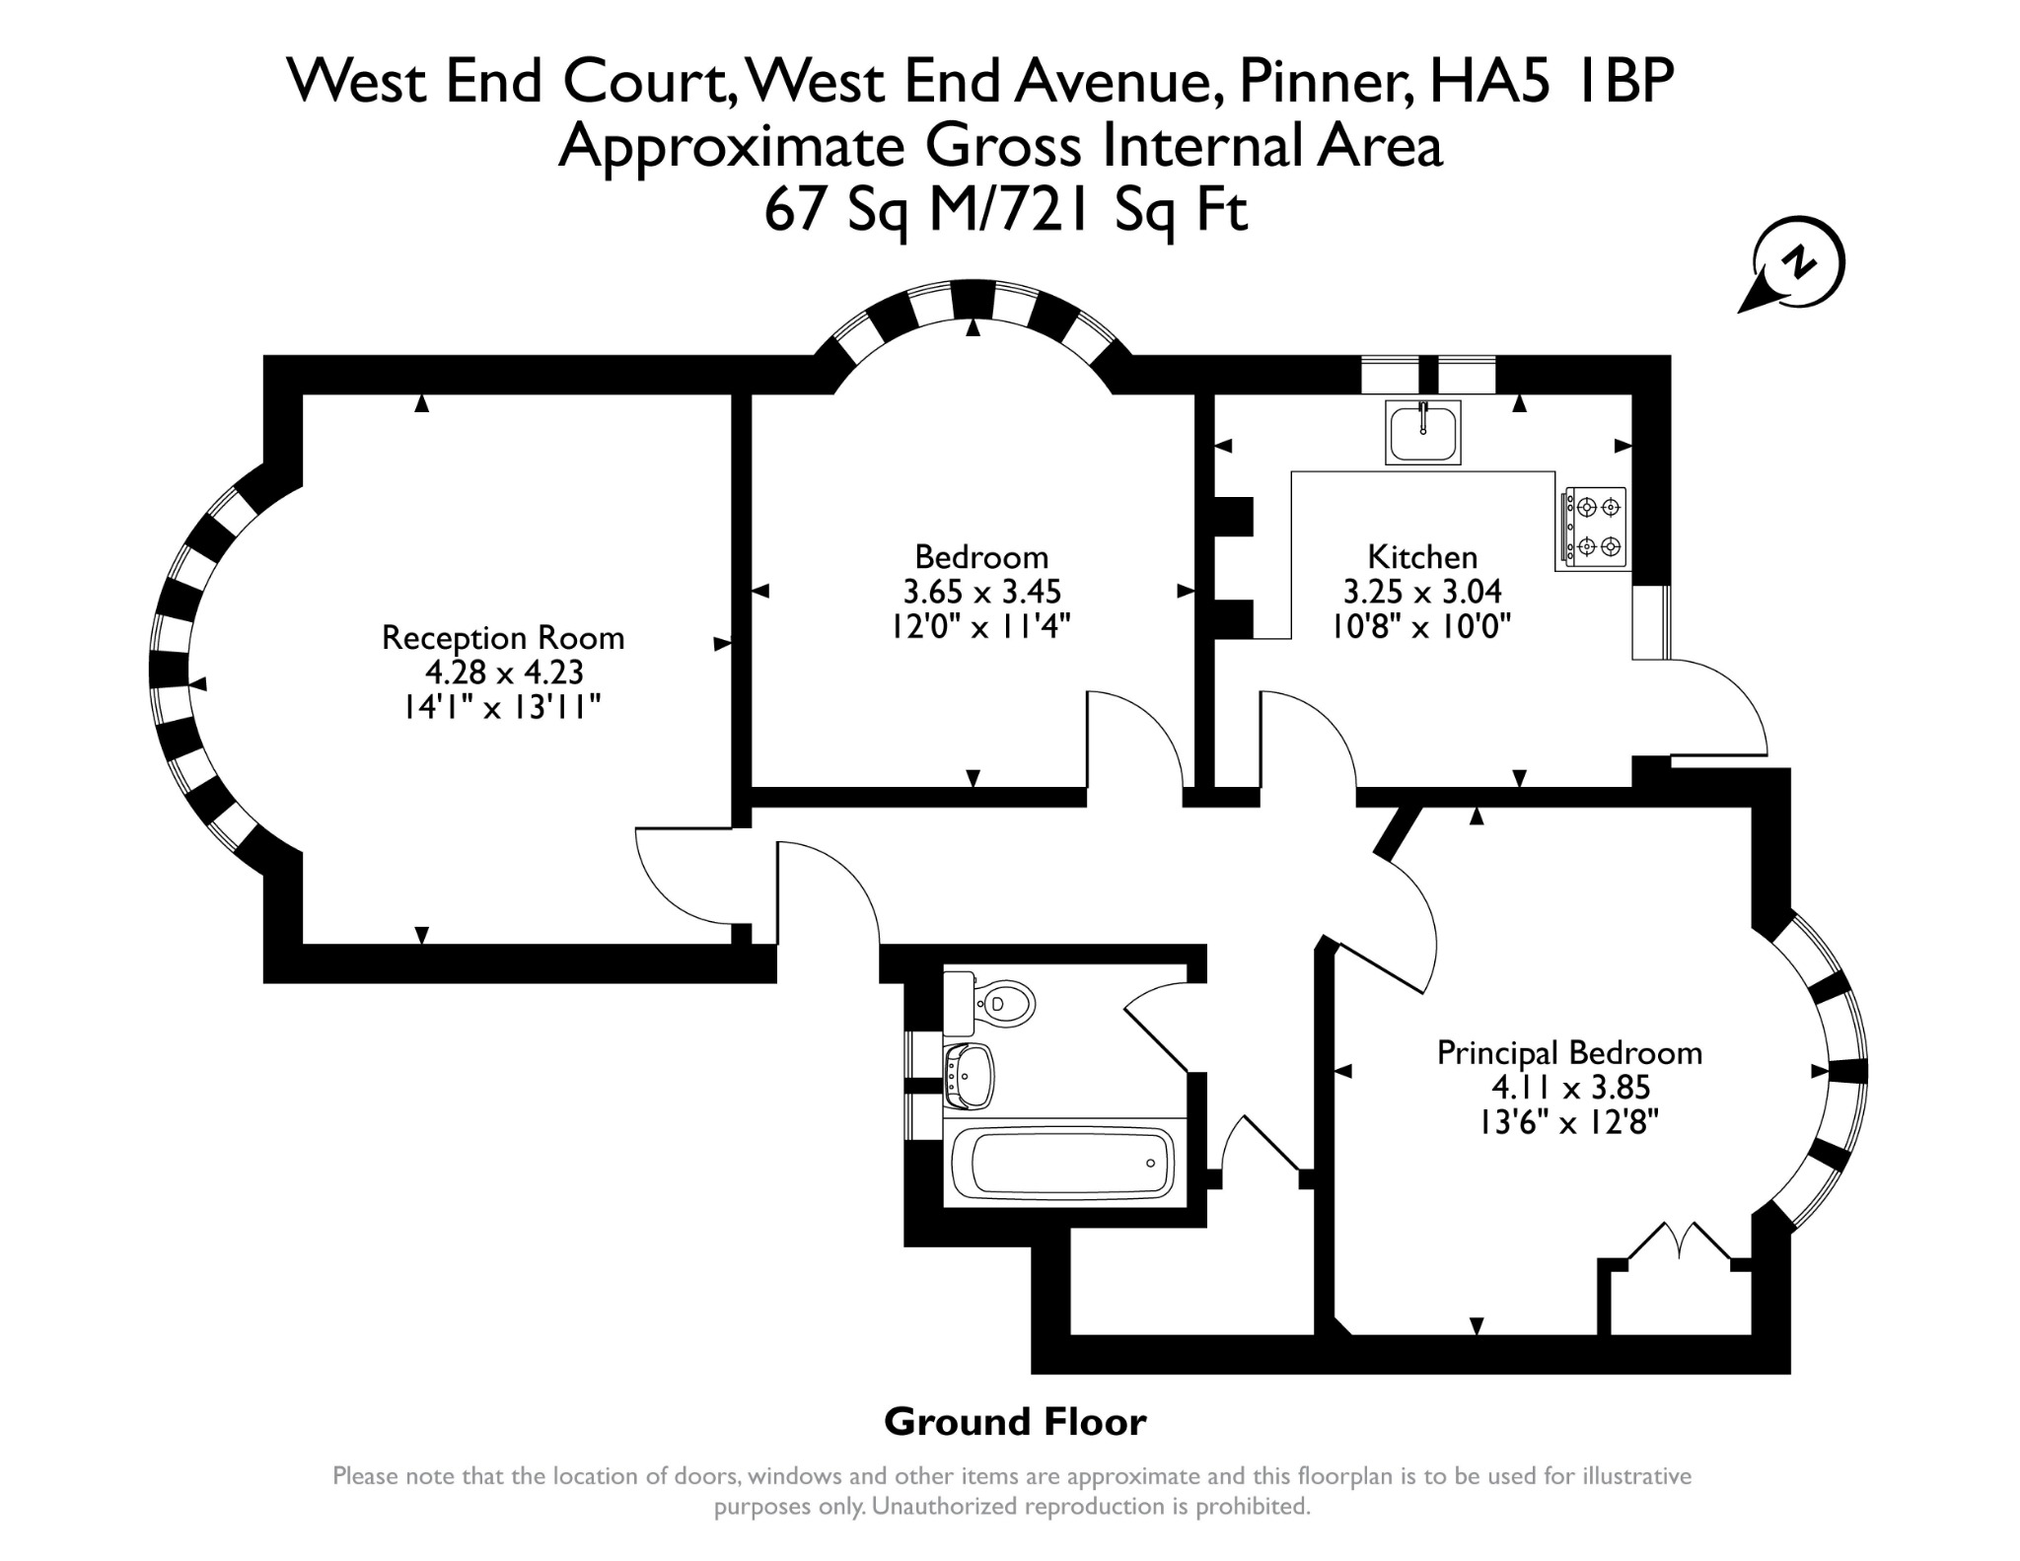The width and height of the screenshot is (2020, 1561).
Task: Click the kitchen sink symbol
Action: point(1422,432)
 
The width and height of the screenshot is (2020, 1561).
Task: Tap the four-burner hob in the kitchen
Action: point(1592,528)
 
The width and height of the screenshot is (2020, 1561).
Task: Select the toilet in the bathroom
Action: point(988,1003)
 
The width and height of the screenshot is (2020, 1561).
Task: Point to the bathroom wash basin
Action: point(969,1076)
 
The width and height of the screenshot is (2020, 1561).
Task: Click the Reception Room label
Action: point(503,638)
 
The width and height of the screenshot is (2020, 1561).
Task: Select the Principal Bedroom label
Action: point(1569,1053)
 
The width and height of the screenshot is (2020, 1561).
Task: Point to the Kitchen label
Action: point(1422,557)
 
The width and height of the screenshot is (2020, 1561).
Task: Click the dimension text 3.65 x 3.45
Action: point(981,592)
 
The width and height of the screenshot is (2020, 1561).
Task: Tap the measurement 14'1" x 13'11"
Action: point(502,707)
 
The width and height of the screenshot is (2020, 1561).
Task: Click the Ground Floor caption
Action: point(1015,1422)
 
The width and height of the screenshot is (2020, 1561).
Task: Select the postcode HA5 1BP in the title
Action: point(1551,80)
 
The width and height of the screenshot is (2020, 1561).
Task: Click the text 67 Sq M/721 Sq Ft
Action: point(1006,209)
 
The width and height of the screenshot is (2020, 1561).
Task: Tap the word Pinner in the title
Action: point(1324,81)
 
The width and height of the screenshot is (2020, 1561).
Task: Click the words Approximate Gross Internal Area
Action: point(1000,146)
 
